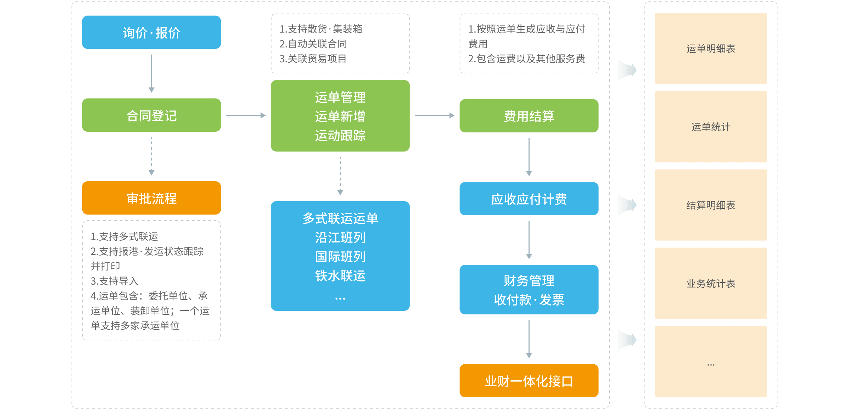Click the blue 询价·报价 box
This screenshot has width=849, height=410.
(151, 32)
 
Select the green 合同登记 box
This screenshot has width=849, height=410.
(151, 115)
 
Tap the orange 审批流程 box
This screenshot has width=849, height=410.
(151, 198)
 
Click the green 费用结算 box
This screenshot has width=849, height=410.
(529, 116)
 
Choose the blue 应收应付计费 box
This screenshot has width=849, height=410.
(529, 199)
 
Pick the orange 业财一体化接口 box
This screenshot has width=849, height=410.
(529, 381)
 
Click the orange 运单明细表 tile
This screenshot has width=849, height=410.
(711, 49)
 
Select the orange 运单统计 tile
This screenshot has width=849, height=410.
(711, 127)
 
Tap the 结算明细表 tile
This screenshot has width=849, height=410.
(711, 205)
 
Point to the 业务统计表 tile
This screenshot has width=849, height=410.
(711, 283)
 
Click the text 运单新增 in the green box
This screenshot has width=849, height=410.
(340, 116)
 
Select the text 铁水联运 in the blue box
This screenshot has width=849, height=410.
(340, 275)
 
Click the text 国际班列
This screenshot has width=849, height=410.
(340, 256)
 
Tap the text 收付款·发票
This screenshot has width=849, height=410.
(529, 300)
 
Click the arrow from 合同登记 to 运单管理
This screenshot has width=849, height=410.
(246, 115)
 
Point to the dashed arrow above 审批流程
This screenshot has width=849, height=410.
(151, 156)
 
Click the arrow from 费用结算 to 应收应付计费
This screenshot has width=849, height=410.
(529, 157)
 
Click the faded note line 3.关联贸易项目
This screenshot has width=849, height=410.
(313, 59)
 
